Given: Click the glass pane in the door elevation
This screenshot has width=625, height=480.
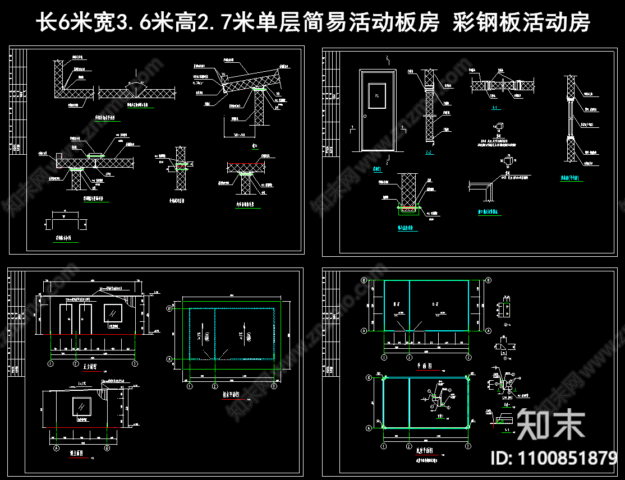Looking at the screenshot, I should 377,95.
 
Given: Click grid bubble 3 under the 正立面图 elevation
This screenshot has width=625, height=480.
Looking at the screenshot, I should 135,363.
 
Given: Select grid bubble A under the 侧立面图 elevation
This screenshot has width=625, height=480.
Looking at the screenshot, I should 58,449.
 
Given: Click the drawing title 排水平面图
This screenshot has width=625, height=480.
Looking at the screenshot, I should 229,395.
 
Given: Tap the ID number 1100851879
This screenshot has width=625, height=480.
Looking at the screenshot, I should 554,459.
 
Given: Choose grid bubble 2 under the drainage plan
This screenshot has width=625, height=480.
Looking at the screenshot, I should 214,386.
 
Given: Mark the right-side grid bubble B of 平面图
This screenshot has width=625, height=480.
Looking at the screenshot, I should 488,280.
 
